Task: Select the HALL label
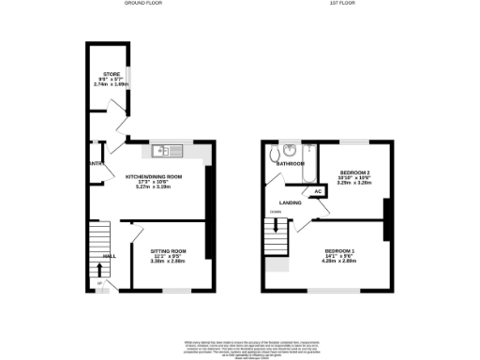pos(109,255)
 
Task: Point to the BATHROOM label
pos(291,164)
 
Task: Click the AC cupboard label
pos(319,191)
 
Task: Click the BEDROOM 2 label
pos(348,172)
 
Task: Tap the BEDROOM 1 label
pos(340,251)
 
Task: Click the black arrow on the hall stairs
pos(100,268)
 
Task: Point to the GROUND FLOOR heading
pos(144,4)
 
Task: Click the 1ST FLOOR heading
pos(333,4)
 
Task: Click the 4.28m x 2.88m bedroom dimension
pos(340,262)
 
